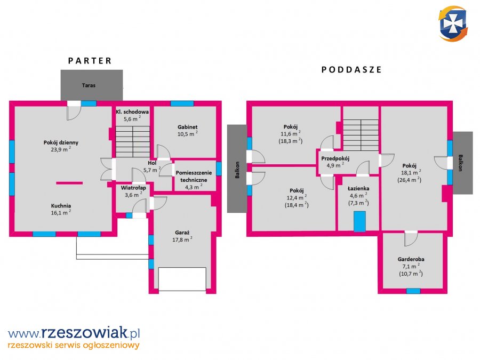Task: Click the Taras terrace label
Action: point(89,85)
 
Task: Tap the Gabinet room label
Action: point(187,127)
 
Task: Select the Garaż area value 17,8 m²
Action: point(182,239)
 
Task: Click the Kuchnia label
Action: point(61,206)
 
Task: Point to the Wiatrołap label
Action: point(133,188)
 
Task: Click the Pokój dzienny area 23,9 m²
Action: point(61,149)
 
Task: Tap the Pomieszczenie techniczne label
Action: point(194,177)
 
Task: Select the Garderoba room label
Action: point(411,259)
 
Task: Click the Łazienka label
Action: point(358,188)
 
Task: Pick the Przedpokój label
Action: point(335,158)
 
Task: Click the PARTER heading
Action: point(90,61)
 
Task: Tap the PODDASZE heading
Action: point(351,70)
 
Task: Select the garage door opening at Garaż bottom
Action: point(182,279)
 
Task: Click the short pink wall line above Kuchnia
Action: point(69,183)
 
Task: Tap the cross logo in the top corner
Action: point(453,23)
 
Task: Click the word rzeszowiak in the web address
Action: point(84,332)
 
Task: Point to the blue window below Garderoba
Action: point(413,291)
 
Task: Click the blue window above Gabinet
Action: point(182,103)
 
